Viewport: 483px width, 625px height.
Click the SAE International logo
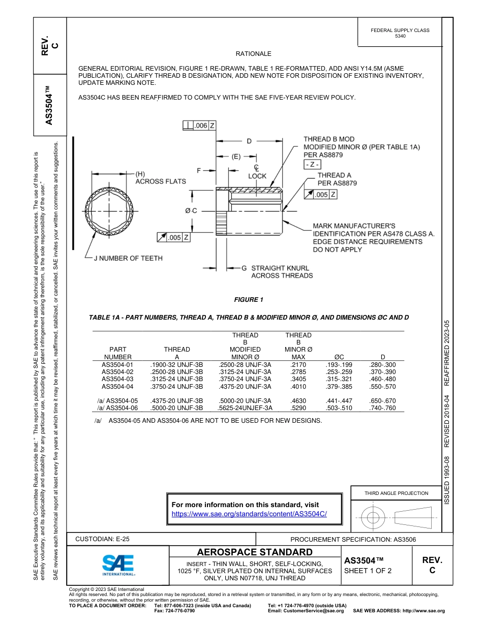pos(118,565)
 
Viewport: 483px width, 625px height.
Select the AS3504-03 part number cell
pos(117,379)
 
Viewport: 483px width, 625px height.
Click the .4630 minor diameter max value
pos(298,401)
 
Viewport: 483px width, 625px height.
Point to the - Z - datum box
pos(312,164)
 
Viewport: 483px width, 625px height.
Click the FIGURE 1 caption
pos(249,300)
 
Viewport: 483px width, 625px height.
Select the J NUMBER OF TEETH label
pos(128,258)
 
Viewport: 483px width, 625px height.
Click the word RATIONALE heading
pos(253,54)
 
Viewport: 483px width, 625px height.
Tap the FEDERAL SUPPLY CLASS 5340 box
pos(400,33)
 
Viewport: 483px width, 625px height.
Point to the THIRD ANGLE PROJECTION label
pos(396,493)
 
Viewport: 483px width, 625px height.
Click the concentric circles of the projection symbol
pos(373,518)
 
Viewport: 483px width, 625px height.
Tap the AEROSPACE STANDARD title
pos(255,552)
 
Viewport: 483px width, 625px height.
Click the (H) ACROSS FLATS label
pos(160,177)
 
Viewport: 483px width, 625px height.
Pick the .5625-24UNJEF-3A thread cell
pos(245,408)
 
